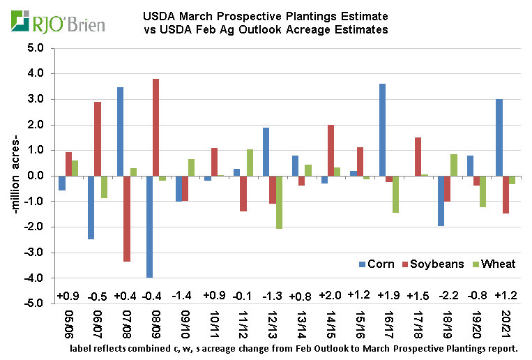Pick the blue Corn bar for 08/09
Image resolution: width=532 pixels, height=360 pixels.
(x=149, y=227)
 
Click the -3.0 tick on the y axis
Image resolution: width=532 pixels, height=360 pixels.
(x=35, y=253)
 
